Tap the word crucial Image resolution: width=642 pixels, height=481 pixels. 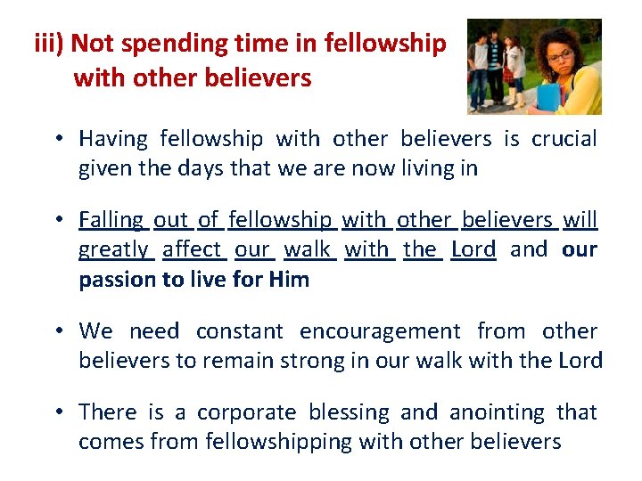[x=564, y=139]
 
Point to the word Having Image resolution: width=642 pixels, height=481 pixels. [x=113, y=139]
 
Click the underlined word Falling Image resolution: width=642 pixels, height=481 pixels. [x=111, y=219]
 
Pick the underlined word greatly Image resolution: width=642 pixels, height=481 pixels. [x=114, y=249]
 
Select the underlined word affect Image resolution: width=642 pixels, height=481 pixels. [x=193, y=249]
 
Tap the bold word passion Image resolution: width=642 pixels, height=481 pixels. [x=118, y=280]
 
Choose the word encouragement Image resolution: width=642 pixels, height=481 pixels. [x=380, y=331]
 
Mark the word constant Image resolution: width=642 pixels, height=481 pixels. [x=240, y=331]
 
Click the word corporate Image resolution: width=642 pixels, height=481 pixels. [x=246, y=412]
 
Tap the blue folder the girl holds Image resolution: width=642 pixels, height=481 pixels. [x=546, y=95]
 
